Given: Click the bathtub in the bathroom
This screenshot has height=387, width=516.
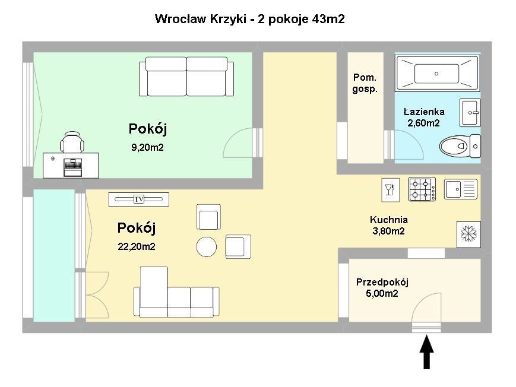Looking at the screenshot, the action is pyautogui.click(x=437, y=74).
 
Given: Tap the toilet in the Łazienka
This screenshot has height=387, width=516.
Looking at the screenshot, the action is pyautogui.click(x=460, y=146).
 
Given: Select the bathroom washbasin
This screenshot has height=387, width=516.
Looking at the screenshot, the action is pyautogui.click(x=470, y=113).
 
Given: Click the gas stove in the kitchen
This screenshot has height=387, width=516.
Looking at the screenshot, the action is pyautogui.click(x=422, y=189).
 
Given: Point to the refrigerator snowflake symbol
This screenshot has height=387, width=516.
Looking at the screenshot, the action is pyautogui.click(x=468, y=234).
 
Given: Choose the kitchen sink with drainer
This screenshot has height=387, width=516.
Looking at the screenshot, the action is pyautogui.click(x=461, y=189).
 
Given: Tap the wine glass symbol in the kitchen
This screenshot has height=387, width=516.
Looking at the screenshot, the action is pyautogui.click(x=390, y=190).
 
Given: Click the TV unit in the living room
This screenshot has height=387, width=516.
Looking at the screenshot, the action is pyautogui.click(x=138, y=199).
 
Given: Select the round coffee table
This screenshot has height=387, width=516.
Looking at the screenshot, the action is pyautogui.click(x=206, y=247).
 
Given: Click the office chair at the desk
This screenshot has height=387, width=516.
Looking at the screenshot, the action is pyautogui.click(x=72, y=142).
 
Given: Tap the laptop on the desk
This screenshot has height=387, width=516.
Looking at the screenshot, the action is pyautogui.click(x=72, y=167).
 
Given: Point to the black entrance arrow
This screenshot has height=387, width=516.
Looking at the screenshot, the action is pyautogui.click(x=426, y=352).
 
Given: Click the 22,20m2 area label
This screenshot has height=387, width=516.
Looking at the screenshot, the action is pyautogui.click(x=136, y=246).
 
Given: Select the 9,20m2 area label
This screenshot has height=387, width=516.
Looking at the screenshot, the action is pyautogui.click(x=147, y=147).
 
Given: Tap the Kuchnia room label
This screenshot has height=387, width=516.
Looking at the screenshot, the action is pyautogui.click(x=389, y=220).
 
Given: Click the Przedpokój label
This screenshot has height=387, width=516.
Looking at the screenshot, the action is pyautogui.click(x=382, y=283).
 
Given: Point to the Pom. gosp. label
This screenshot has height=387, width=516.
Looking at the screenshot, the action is pyautogui.click(x=365, y=83).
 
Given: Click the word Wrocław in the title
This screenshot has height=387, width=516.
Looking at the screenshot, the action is pyautogui.click(x=181, y=19).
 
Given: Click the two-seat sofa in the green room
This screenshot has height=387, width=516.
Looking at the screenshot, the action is pyautogui.click(x=186, y=77).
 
